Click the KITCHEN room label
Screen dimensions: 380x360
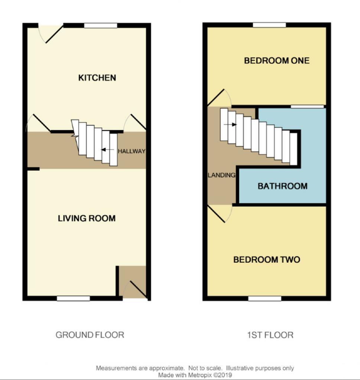click(97, 78)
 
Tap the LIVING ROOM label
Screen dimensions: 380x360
click(87, 218)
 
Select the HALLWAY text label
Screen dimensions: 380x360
click(132, 151)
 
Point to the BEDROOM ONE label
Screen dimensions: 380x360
click(276, 60)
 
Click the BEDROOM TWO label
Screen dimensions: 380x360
click(266, 259)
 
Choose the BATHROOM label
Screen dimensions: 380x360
click(282, 186)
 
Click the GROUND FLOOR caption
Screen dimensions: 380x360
click(90, 335)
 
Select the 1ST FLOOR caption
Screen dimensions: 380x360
click(270, 335)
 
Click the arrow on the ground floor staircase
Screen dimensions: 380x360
click(107, 150)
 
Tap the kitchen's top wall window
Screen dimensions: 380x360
click(100, 26)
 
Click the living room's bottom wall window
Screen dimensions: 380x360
click(73, 298)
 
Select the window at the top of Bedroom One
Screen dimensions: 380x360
click(270, 25)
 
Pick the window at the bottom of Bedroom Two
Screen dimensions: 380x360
click(265, 298)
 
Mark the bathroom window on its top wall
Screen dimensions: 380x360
click(307, 107)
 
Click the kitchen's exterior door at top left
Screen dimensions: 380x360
click(51, 32)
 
